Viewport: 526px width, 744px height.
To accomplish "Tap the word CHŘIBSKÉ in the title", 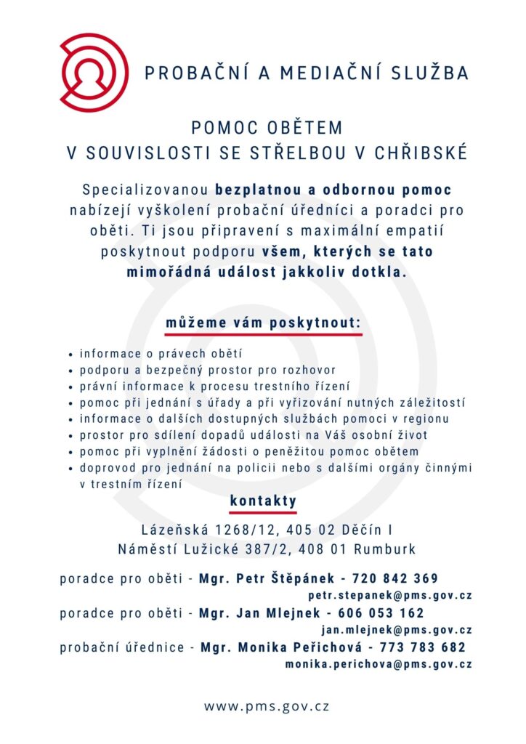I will click(421, 153).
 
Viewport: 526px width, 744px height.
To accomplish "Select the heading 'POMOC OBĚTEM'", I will click(267, 128).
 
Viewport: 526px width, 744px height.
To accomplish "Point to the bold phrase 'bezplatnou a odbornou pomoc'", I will click(333, 190).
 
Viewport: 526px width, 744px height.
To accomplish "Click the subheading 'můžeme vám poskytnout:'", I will click(263, 322).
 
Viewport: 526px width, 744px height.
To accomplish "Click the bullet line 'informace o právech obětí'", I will click(160, 354).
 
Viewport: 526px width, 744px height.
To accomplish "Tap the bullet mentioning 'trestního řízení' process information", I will click(215, 386).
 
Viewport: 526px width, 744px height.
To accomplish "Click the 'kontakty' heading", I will click(263, 501).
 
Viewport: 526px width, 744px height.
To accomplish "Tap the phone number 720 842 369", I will click(395, 579).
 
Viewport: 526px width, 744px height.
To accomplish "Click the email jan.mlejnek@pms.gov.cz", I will click(397, 630).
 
